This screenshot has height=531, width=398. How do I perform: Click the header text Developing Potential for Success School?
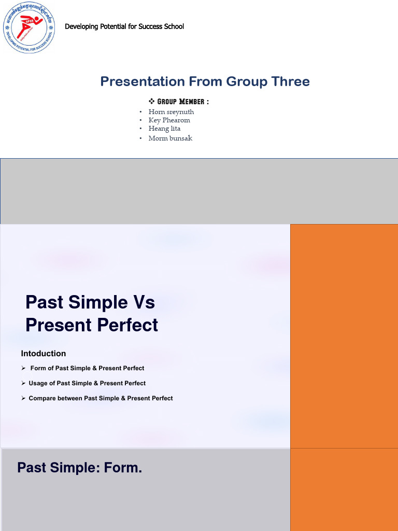124,26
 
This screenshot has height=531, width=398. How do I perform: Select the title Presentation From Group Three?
205,81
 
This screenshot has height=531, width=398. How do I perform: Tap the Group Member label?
183,101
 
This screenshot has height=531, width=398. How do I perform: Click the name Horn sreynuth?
171,111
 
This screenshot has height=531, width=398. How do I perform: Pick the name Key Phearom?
169,120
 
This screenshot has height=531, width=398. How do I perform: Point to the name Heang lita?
164,128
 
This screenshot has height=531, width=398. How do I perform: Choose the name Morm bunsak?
170,138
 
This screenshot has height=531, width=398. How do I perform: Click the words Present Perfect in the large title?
92,325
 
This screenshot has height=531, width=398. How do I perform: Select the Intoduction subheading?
44,354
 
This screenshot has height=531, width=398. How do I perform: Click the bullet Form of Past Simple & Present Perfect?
87,368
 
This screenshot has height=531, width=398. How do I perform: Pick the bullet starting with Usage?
87,383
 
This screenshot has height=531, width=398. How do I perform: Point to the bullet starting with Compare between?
101,398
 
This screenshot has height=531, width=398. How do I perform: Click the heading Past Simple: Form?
79,468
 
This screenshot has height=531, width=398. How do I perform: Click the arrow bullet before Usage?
24,383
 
